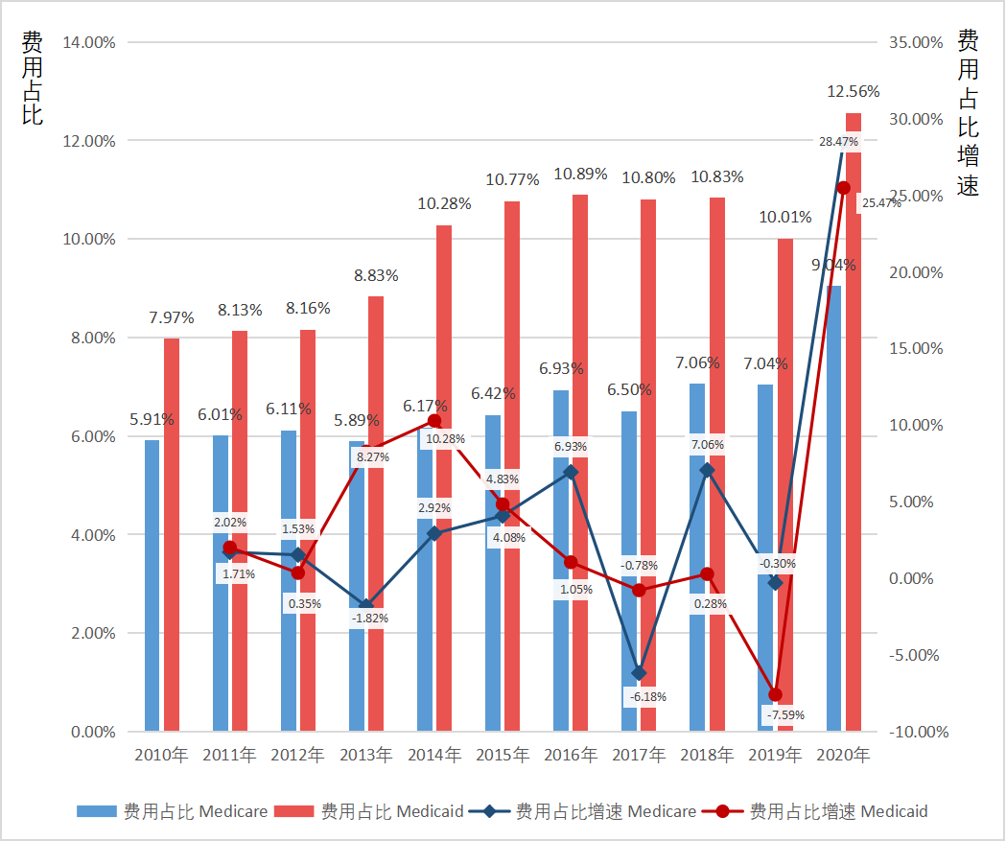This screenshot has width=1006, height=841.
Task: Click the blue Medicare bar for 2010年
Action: coord(152,585)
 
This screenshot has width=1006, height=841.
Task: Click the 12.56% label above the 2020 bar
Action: coord(853,92)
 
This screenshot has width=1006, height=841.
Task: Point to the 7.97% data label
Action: coord(172,317)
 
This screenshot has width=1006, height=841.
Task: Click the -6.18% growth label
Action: coord(647,696)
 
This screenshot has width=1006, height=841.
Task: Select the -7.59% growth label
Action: coord(784,714)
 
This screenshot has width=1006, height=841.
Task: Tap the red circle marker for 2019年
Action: coord(776,694)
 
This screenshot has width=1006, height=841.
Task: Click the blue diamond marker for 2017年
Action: coord(640,673)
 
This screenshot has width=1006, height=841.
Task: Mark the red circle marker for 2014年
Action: coord(434,421)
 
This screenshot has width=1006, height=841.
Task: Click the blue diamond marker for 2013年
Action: coord(366,606)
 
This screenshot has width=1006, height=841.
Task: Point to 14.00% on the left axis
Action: coord(88,42)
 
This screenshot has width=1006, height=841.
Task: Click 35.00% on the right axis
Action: coord(918,42)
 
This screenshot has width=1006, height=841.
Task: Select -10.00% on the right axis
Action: coord(918,732)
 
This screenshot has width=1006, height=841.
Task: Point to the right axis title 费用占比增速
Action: coord(969,113)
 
